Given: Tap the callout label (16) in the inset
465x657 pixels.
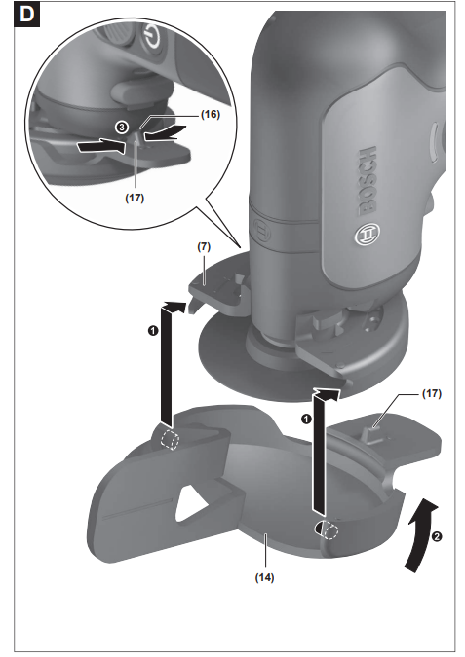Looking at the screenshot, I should click(210, 115).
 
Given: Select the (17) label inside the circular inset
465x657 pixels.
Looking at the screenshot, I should click(136, 196).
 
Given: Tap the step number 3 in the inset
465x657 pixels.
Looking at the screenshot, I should click(119, 128).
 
